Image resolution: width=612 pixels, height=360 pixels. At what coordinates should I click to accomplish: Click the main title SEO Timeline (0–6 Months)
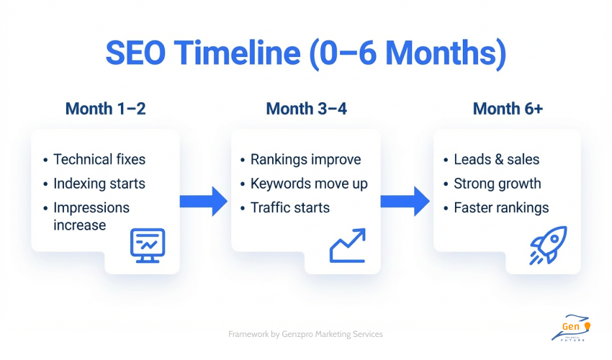pyautogui.click(x=306, y=54)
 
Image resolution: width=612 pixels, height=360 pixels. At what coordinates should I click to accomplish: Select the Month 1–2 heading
pyautogui.click(x=105, y=109)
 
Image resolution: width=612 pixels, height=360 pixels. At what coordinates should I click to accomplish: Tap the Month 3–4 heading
pyautogui.click(x=306, y=109)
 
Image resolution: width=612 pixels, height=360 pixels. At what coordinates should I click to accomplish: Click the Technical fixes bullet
pyautogui.click(x=99, y=160)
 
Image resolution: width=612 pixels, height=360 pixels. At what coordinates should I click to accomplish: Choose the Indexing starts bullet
pyautogui.click(x=99, y=184)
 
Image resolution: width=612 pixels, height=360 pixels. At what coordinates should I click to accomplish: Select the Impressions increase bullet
pyautogui.click(x=91, y=216)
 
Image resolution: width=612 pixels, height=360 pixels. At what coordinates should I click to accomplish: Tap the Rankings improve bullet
pyautogui.click(x=305, y=160)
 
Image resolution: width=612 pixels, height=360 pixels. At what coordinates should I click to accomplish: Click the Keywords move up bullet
pyautogui.click(x=309, y=184)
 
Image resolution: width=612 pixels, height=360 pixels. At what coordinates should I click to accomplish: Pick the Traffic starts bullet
pyautogui.click(x=289, y=208)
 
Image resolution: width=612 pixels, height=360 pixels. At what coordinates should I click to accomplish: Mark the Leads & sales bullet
pyautogui.click(x=496, y=160)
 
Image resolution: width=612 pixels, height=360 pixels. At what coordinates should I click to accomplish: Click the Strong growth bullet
pyautogui.click(x=497, y=184)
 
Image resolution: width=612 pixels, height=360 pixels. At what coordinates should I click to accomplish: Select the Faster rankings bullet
pyautogui.click(x=501, y=208)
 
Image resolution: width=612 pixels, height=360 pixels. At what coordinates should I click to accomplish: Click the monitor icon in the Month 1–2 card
pyautogui.click(x=147, y=244)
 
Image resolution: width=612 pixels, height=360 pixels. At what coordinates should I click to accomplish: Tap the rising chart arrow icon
pyautogui.click(x=348, y=245)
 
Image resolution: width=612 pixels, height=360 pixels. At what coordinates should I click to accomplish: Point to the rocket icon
pyautogui.click(x=548, y=245)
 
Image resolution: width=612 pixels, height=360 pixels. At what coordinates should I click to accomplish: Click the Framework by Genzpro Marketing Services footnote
pyautogui.click(x=305, y=334)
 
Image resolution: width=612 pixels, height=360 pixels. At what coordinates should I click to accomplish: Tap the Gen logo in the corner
pyautogui.click(x=574, y=328)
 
